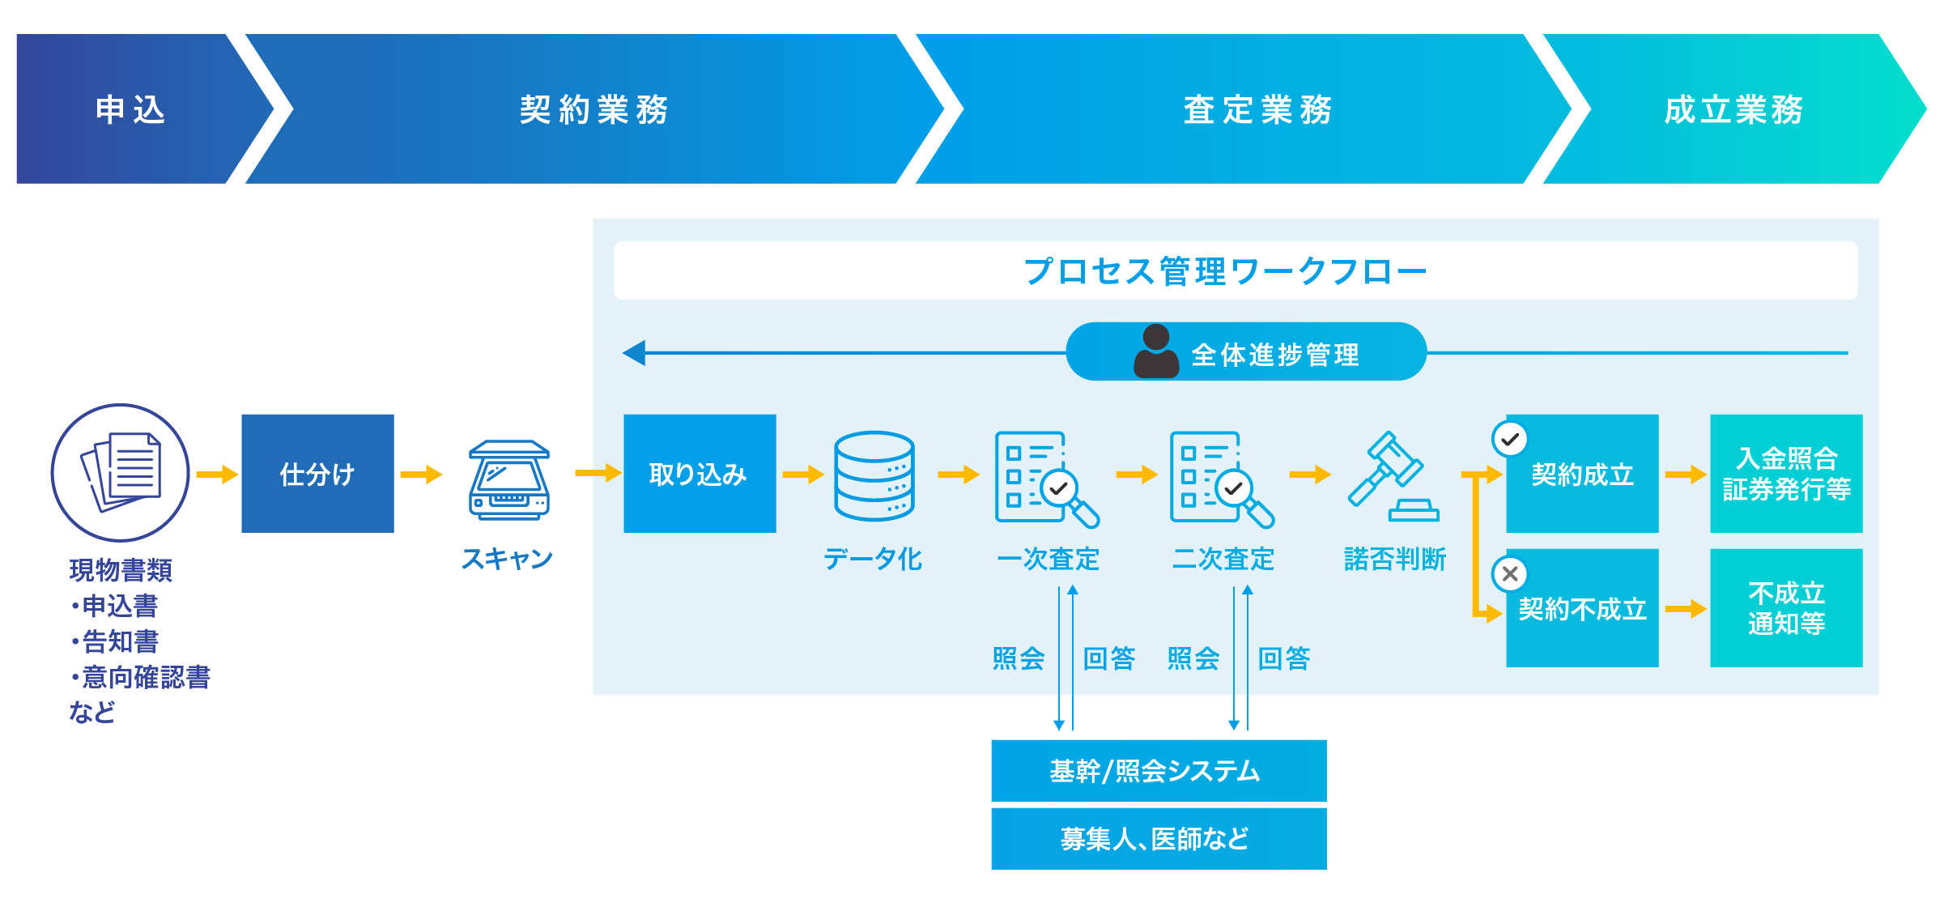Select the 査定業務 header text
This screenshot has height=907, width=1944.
pos(1257,109)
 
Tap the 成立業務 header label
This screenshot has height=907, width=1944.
pos(1733,109)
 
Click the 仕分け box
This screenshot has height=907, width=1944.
pos(317,474)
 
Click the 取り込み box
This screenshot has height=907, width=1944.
pos(700,474)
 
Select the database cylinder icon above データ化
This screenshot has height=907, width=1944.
pos(874,476)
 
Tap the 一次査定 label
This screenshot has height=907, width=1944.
pos(1048,559)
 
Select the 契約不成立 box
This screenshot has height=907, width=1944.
pos(1583,609)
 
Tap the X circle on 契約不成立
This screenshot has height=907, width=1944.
pos(1509,574)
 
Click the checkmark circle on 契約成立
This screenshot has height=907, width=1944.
pos(1509,440)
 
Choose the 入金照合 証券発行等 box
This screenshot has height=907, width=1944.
pos(1786,474)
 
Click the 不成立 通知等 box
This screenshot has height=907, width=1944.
pos(1786,608)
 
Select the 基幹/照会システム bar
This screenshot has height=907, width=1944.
pos(1158,770)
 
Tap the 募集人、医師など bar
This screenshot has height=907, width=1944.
pos(1158,838)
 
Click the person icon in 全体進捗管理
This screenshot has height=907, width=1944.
pos(1156,351)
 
